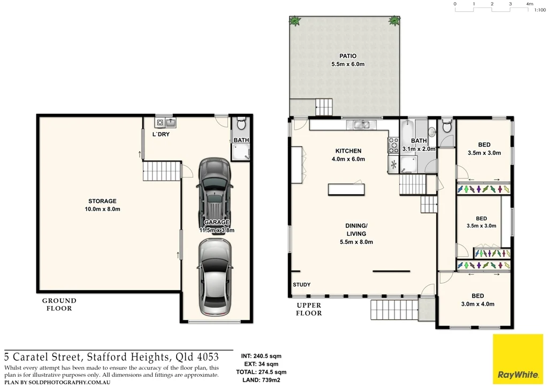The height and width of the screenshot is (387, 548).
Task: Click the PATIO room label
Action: [347, 56]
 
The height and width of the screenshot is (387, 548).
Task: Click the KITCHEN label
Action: [348, 151]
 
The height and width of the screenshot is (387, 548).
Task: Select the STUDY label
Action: [301, 285]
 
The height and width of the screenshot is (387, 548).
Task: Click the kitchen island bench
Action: [347, 189]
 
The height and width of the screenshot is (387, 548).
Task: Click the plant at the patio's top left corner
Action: [294, 21]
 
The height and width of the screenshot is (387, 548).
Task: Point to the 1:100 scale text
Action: [539, 10]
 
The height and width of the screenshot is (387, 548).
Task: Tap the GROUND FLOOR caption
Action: [59, 304]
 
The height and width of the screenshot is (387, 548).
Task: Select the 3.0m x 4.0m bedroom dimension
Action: [478, 304]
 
